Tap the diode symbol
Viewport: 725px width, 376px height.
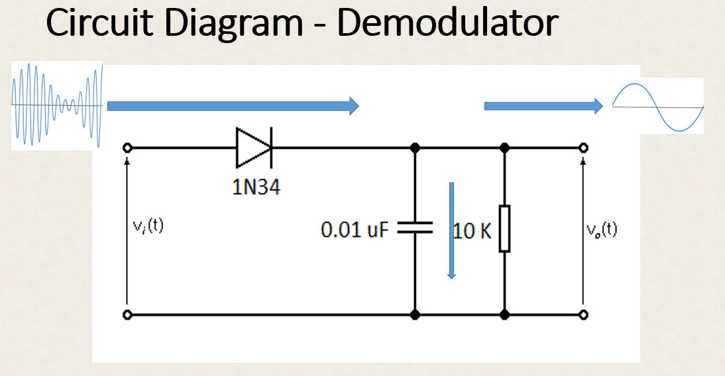254,147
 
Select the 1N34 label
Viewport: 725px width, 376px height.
256,188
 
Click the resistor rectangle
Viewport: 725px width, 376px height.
504,229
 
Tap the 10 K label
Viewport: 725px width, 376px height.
473,231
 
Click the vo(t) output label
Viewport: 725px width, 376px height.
602,229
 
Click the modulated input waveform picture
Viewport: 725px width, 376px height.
58,105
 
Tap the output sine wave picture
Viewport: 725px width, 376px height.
657,106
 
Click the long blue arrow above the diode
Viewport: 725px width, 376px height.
233,106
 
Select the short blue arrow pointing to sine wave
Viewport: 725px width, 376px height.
543,106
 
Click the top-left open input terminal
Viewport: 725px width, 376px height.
127,148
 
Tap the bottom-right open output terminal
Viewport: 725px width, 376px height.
583,315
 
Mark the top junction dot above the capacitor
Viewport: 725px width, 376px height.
415,148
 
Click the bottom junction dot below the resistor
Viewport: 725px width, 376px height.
504,315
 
